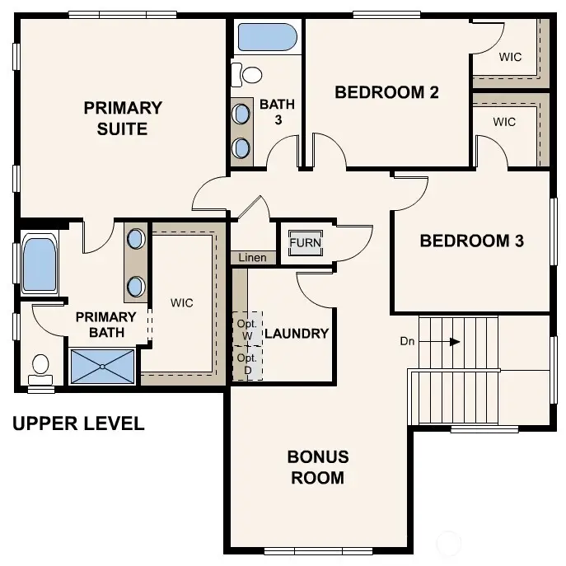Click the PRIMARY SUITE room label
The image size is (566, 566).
pyautogui.click(x=123, y=118)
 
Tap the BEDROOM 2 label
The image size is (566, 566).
pyautogui.click(x=386, y=91)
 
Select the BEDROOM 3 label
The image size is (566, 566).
pyautogui.click(x=471, y=241)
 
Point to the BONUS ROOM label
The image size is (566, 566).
pyautogui.click(x=317, y=466)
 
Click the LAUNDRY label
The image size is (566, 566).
pyautogui.click(x=297, y=334)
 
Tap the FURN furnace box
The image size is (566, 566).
pyautogui.click(x=304, y=243)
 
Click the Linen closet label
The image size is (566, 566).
pyautogui.click(x=252, y=258)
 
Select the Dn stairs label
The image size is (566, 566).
pyautogui.click(x=407, y=340)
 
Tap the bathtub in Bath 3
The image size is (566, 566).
pyautogui.click(x=267, y=38)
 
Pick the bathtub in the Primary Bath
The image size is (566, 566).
pyautogui.click(x=39, y=264)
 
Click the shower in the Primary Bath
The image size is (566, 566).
pyautogui.click(x=102, y=366)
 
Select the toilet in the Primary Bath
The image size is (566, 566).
pyautogui.click(x=40, y=367)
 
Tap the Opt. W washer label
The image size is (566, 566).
pyautogui.click(x=247, y=329)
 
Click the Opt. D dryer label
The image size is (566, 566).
pyautogui.click(x=247, y=363)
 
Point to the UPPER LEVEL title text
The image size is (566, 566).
pyautogui.click(x=78, y=423)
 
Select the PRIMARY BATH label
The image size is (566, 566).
pyautogui.click(x=106, y=324)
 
